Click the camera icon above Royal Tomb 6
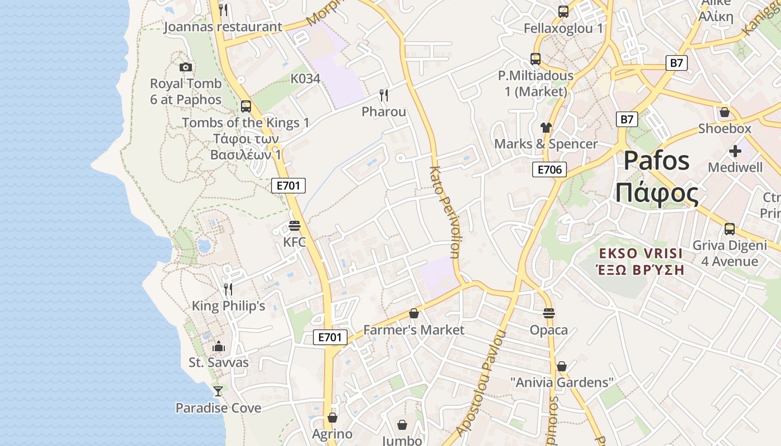click(186, 67)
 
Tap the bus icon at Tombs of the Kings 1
click(246, 106)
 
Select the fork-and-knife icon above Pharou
click(383, 95)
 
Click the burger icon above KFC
click(295, 226)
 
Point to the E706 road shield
click(549, 169)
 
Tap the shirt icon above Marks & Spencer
click(546, 128)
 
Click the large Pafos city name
click(657, 161)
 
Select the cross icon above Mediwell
click(735, 151)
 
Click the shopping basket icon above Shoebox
click(725, 112)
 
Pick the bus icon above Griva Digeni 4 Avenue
click(729, 229)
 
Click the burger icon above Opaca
click(549, 313)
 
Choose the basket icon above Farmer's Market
click(413, 313)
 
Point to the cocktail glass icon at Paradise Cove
click(218, 391)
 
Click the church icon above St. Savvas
click(218, 346)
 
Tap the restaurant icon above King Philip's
click(228, 289)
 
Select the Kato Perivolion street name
click(445, 212)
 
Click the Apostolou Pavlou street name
click(481, 384)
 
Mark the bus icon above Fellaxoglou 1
click(563, 11)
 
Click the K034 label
click(305, 79)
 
